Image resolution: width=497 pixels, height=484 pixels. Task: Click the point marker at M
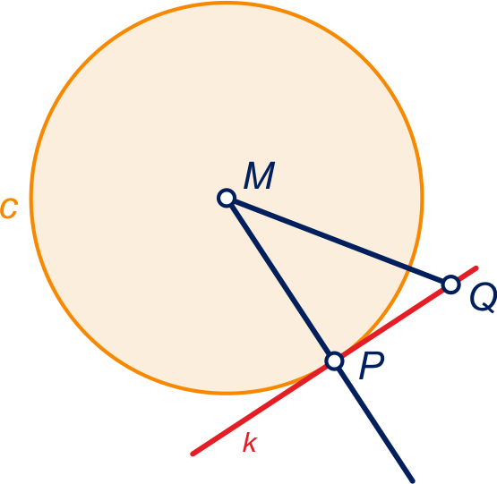[227, 198]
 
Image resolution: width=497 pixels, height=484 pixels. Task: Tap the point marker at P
[334, 361]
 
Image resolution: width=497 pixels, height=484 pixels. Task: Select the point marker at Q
[450, 284]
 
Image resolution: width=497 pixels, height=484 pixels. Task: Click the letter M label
[260, 175]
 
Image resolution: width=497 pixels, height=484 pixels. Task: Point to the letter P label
[372, 365]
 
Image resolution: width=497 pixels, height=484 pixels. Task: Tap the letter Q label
[484, 298]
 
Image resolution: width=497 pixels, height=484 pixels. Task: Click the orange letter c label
[9, 208]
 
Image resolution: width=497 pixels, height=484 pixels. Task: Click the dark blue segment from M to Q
[338, 242]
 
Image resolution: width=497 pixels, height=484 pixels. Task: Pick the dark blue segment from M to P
[280, 279]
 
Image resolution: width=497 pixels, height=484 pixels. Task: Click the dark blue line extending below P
[374, 421]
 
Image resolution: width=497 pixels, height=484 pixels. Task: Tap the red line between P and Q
[392, 323]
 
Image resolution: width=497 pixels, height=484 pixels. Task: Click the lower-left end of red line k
[192, 454]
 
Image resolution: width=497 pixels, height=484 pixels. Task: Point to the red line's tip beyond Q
[476, 268]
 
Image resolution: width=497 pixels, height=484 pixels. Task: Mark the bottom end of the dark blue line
[413, 481]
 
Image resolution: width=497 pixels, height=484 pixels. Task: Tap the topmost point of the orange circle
[227, 3]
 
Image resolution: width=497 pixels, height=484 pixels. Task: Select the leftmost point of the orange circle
[31, 198]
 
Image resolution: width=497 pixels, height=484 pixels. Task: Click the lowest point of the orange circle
[227, 393]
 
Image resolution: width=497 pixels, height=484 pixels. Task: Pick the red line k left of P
[263, 408]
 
